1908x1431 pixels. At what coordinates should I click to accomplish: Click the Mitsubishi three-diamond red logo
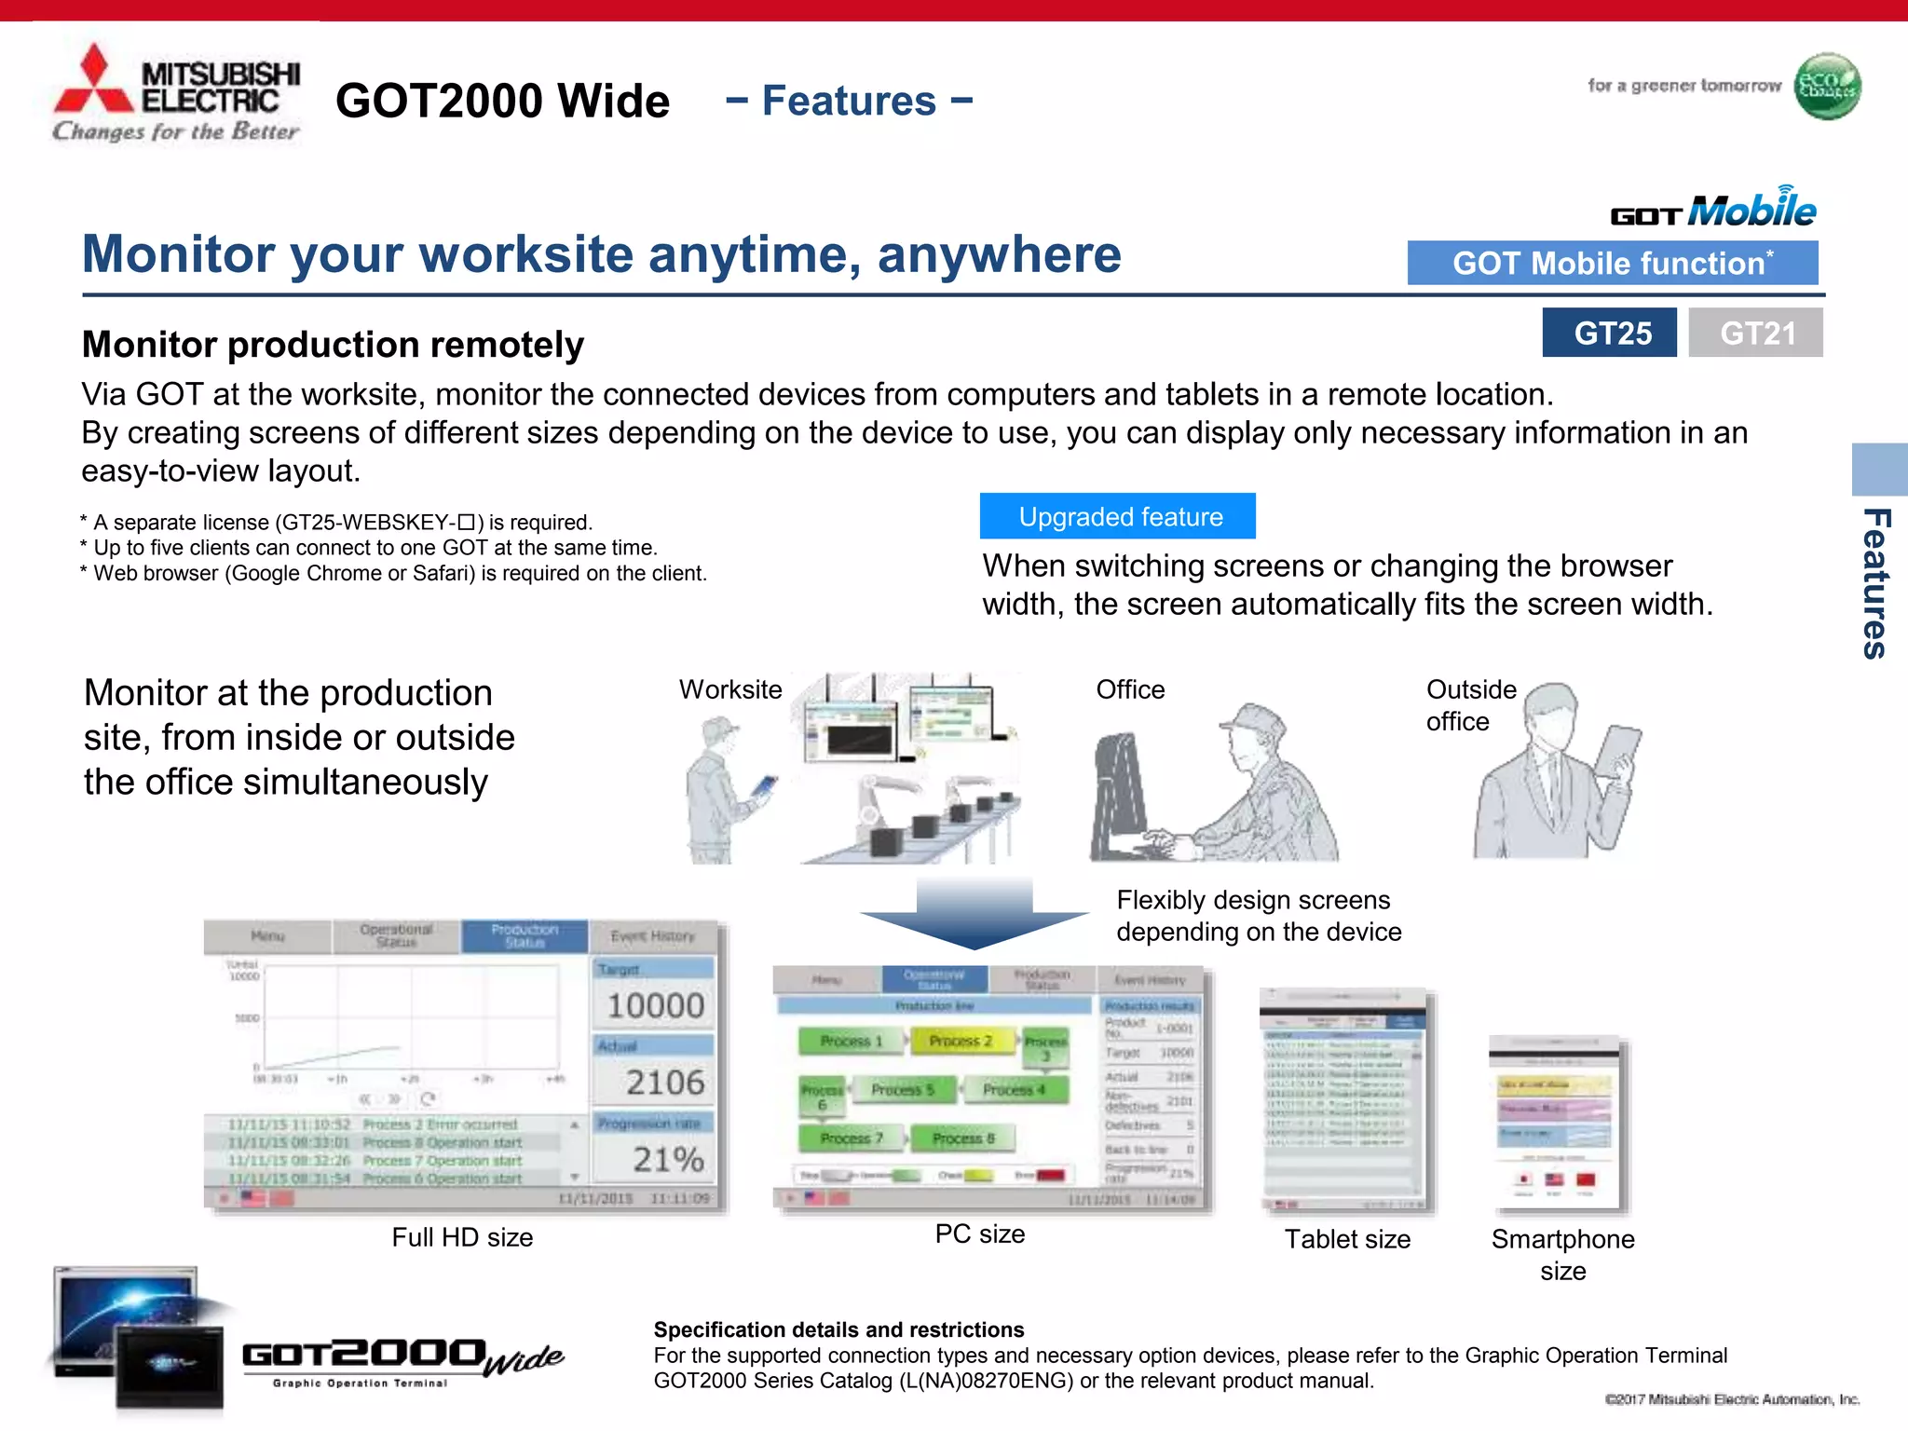[x=94, y=81]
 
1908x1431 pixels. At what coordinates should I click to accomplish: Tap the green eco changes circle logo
[x=1827, y=87]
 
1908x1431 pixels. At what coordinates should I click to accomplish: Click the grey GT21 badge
[x=1755, y=333]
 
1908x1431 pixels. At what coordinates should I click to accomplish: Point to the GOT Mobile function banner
[x=1612, y=263]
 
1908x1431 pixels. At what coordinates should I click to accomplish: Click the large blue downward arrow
[x=974, y=914]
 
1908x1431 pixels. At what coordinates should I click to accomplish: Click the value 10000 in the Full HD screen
[x=655, y=1005]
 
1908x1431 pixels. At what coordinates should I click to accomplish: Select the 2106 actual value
[x=664, y=1082]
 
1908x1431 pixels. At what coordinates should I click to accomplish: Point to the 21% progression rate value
[x=668, y=1159]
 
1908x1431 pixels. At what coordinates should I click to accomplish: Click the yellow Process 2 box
[x=961, y=1041]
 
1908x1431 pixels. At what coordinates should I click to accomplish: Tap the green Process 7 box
[x=852, y=1138]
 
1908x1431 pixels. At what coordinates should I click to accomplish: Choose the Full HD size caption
[x=462, y=1237]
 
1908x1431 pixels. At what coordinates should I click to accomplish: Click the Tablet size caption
[x=1347, y=1239]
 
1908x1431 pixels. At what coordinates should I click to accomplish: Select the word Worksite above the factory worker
[x=730, y=689]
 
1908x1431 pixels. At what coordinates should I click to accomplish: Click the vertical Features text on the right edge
[x=1875, y=584]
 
